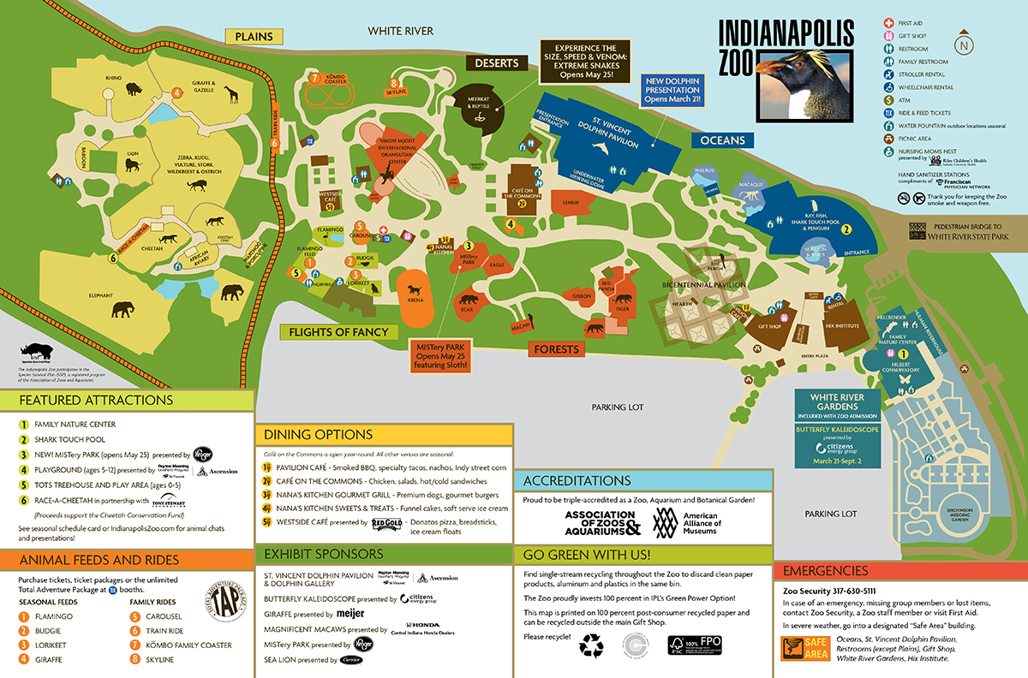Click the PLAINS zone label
pyautogui.click(x=254, y=37)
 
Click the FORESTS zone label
pyautogui.click(x=558, y=349)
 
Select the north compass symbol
pyautogui.click(x=965, y=45)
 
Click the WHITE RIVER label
pyautogui.click(x=401, y=32)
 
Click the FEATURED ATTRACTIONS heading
pyautogui.click(x=96, y=400)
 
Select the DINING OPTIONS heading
pyautogui.click(x=318, y=435)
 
